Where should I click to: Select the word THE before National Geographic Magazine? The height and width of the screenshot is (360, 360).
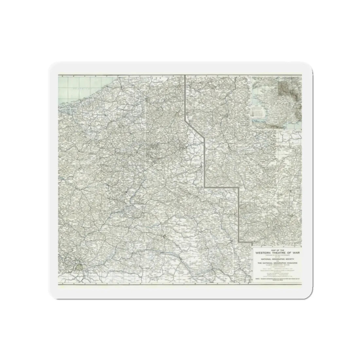click(x=259, y=263)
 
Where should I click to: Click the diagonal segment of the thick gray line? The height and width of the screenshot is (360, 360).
click(x=195, y=129)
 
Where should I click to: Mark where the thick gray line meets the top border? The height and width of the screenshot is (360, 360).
click(x=185, y=76)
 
